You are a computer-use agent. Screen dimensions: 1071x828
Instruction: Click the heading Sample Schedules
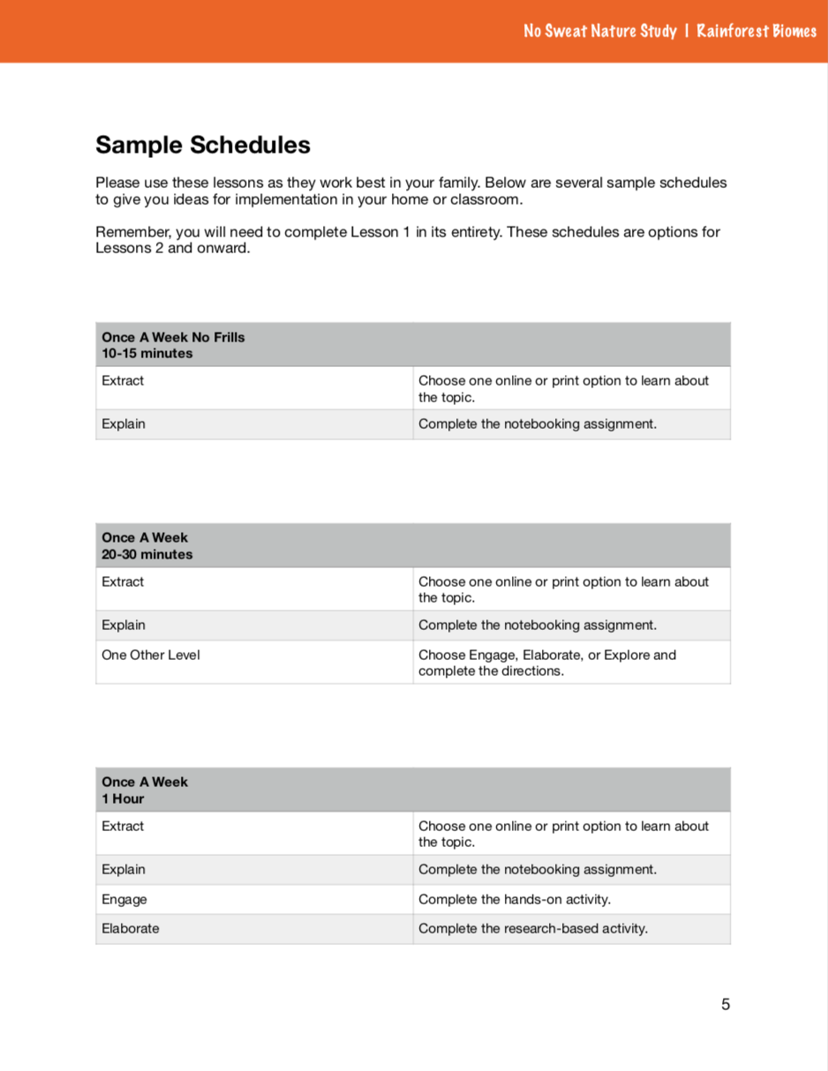tap(202, 144)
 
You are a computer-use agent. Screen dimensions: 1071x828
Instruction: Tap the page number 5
tap(726, 1004)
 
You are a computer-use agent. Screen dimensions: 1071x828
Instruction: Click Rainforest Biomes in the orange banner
tap(756, 32)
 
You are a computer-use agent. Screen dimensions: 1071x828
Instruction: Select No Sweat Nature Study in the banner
tap(599, 32)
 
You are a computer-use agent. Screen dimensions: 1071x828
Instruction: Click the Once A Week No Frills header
tap(173, 337)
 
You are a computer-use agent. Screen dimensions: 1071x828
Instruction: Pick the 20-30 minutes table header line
tap(147, 554)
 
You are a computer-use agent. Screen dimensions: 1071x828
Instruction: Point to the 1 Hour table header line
tap(123, 798)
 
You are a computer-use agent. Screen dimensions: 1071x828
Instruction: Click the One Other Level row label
tap(151, 655)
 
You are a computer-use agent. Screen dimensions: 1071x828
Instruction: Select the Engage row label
tap(124, 899)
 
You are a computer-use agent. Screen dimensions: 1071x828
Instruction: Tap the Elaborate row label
tap(131, 928)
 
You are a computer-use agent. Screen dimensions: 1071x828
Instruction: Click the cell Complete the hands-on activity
tap(515, 899)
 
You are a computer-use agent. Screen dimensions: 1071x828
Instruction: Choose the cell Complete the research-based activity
tap(533, 928)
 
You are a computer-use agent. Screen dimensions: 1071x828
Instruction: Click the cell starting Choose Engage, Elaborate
tap(547, 663)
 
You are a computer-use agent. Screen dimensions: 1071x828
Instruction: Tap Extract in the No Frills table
tap(123, 380)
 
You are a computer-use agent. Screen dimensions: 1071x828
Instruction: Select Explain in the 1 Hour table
tap(124, 869)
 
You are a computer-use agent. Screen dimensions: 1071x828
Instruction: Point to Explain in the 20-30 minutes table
tap(124, 625)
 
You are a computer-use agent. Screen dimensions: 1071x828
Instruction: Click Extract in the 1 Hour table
tap(123, 826)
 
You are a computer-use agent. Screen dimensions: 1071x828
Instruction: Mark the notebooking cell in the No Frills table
tap(538, 423)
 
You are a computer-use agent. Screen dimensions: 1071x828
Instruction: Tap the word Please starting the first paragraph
tap(117, 183)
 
